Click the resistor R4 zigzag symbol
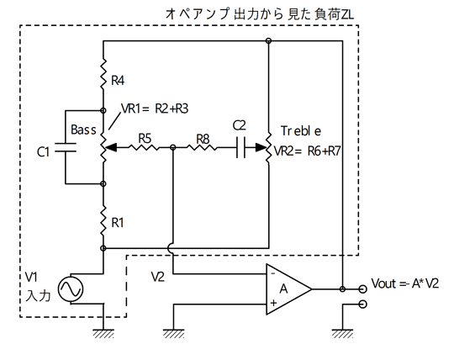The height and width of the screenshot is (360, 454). click(103, 74)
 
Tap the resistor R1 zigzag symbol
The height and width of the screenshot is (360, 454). click(103, 220)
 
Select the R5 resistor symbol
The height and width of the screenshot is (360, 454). click(144, 148)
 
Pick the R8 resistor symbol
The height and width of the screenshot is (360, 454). click(202, 148)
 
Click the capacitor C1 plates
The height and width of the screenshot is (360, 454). click(65, 147)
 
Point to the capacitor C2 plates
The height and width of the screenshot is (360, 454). click(240, 148)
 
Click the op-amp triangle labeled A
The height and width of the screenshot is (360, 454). click(288, 289)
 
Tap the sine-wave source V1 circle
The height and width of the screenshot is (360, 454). click(71, 289)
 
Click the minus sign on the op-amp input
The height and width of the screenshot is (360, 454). click(272, 273)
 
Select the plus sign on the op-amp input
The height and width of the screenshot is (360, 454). click(273, 303)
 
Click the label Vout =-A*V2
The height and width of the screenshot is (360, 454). click(404, 283)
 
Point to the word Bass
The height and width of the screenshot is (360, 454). click(83, 130)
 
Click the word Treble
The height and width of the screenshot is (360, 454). click(301, 131)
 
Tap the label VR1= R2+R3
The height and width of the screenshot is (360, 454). click(155, 109)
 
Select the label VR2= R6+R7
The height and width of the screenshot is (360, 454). click(307, 151)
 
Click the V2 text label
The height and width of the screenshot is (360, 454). click(158, 278)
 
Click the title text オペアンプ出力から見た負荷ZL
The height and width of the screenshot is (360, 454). click(260, 14)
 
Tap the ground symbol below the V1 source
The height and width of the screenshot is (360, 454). click(103, 334)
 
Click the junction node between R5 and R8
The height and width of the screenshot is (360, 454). click(173, 148)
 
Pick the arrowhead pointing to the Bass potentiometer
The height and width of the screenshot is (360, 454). click(111, 148)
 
